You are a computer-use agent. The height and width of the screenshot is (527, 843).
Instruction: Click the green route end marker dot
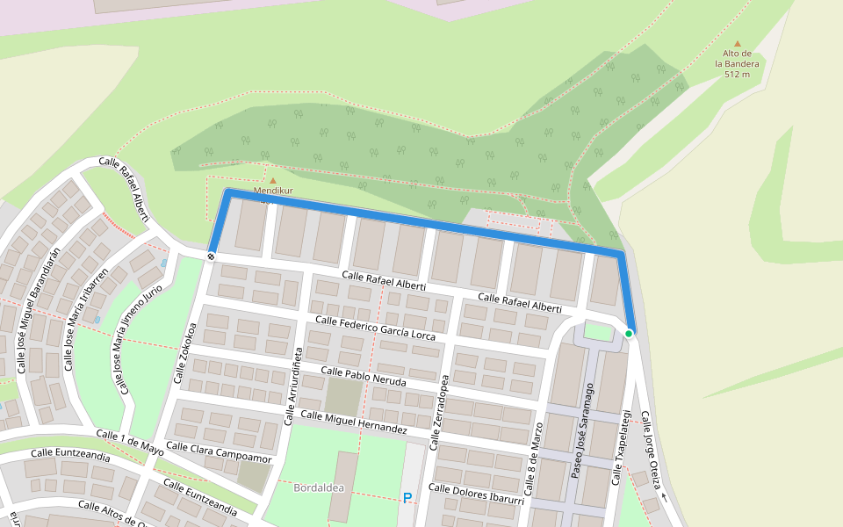click(x=629, y=334)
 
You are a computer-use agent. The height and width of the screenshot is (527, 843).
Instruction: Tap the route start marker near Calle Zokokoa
click(x=212, y=256)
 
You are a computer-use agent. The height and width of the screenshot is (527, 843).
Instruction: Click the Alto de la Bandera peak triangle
click(x=737, y=43)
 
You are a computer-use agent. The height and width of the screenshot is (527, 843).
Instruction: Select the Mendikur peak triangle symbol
click(x=272, y=181)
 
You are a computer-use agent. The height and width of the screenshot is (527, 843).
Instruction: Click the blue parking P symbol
click(x=407, y=498)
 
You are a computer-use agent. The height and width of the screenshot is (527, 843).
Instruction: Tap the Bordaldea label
click(x=318, y=487)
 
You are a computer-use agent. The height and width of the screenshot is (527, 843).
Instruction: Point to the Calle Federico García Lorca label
click(x=375, y=328)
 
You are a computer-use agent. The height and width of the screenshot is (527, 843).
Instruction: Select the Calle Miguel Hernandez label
click(x=354, y=422)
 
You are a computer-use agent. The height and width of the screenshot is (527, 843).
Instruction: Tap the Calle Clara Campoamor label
click(x=219, y=452)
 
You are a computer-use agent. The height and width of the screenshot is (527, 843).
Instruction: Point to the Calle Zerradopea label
click(x=439, y=412)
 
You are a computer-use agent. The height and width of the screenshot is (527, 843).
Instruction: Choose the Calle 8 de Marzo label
click(x=537, y=465)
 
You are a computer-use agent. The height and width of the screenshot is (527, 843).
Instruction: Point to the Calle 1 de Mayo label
click(x=130, y=442)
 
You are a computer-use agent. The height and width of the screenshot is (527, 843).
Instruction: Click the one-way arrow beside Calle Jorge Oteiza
click(x=663, y=498)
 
